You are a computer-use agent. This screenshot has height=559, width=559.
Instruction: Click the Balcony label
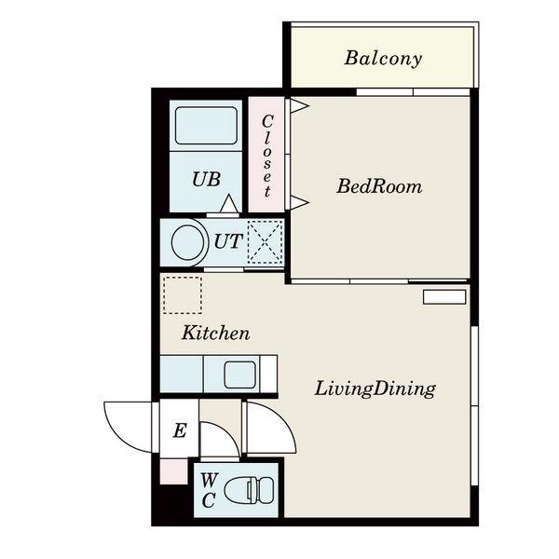pyautogui.click(x=383, y=59)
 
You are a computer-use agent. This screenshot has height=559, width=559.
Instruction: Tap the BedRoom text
pyautogui.click(x=379, y=186)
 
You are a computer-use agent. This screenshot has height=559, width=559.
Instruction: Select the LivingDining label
pyautogui.click(x=375, y=389)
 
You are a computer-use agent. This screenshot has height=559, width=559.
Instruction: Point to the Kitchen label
pyautogui.click(x=216, y=334)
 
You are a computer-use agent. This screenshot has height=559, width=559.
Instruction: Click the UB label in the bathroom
pyautogui.click(x=206, y=179)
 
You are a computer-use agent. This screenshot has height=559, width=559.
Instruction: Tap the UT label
pyautogui.click(x=228, y=241)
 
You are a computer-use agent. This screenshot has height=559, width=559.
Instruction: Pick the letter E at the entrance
pyautogui.click(x=180, y=430)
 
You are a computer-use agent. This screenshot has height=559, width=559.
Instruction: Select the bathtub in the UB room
pyautogui.click(x=206, y=126)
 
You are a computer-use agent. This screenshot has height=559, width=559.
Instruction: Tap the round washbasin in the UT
pyautogui.click(x=188, y=242)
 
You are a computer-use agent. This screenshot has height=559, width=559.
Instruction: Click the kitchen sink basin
pyautogui.click(x=240, y=375)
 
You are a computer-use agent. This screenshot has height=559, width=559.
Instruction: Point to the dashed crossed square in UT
pyautogui.click(x=265, y=242)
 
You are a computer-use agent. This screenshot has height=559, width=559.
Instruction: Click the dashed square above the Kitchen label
pyautogui.click(x=183, y=295)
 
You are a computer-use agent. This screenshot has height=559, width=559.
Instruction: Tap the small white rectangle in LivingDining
pyautogui.click(x=444, y=297)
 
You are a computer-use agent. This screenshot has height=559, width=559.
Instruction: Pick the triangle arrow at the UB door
pyautogui.click(x=228, y=203)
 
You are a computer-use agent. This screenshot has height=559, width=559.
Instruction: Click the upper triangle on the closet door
pyautogui.click(x=299, y=106)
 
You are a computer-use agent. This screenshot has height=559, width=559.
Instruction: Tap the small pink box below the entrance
pyautogui.click(x=173, y=472)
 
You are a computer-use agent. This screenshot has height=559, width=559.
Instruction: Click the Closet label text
pyautogui.click(x=267, y=157)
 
